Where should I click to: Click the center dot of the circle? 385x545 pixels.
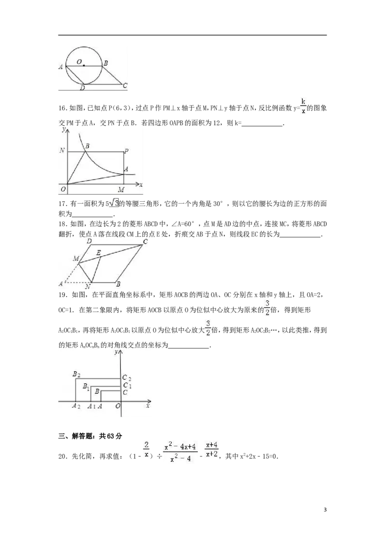(84, 65)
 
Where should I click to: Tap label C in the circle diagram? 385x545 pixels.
(125, 86)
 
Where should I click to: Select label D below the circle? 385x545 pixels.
(83, 88)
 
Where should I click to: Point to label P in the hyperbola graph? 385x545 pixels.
(126, 151)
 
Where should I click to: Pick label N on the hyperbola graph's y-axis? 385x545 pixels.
(62, 151)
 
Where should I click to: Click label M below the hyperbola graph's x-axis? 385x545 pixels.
(121, 190)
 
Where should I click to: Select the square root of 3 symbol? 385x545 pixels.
(114, 203)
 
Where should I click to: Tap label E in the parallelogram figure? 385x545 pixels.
(98, 252)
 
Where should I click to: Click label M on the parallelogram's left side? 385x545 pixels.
(76, 259)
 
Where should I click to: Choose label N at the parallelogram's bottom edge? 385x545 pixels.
(88, 287)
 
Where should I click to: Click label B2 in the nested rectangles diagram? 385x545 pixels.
(76, 374)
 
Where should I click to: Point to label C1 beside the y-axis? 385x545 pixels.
(127, 385)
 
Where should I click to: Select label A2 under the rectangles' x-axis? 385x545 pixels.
(76, 406)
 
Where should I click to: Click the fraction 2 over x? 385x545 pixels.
(146, 449)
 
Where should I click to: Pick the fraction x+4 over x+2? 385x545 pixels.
(211, 449)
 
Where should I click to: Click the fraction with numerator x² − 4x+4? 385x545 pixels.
(180, 453)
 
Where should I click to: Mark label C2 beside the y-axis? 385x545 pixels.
(126, 378)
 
